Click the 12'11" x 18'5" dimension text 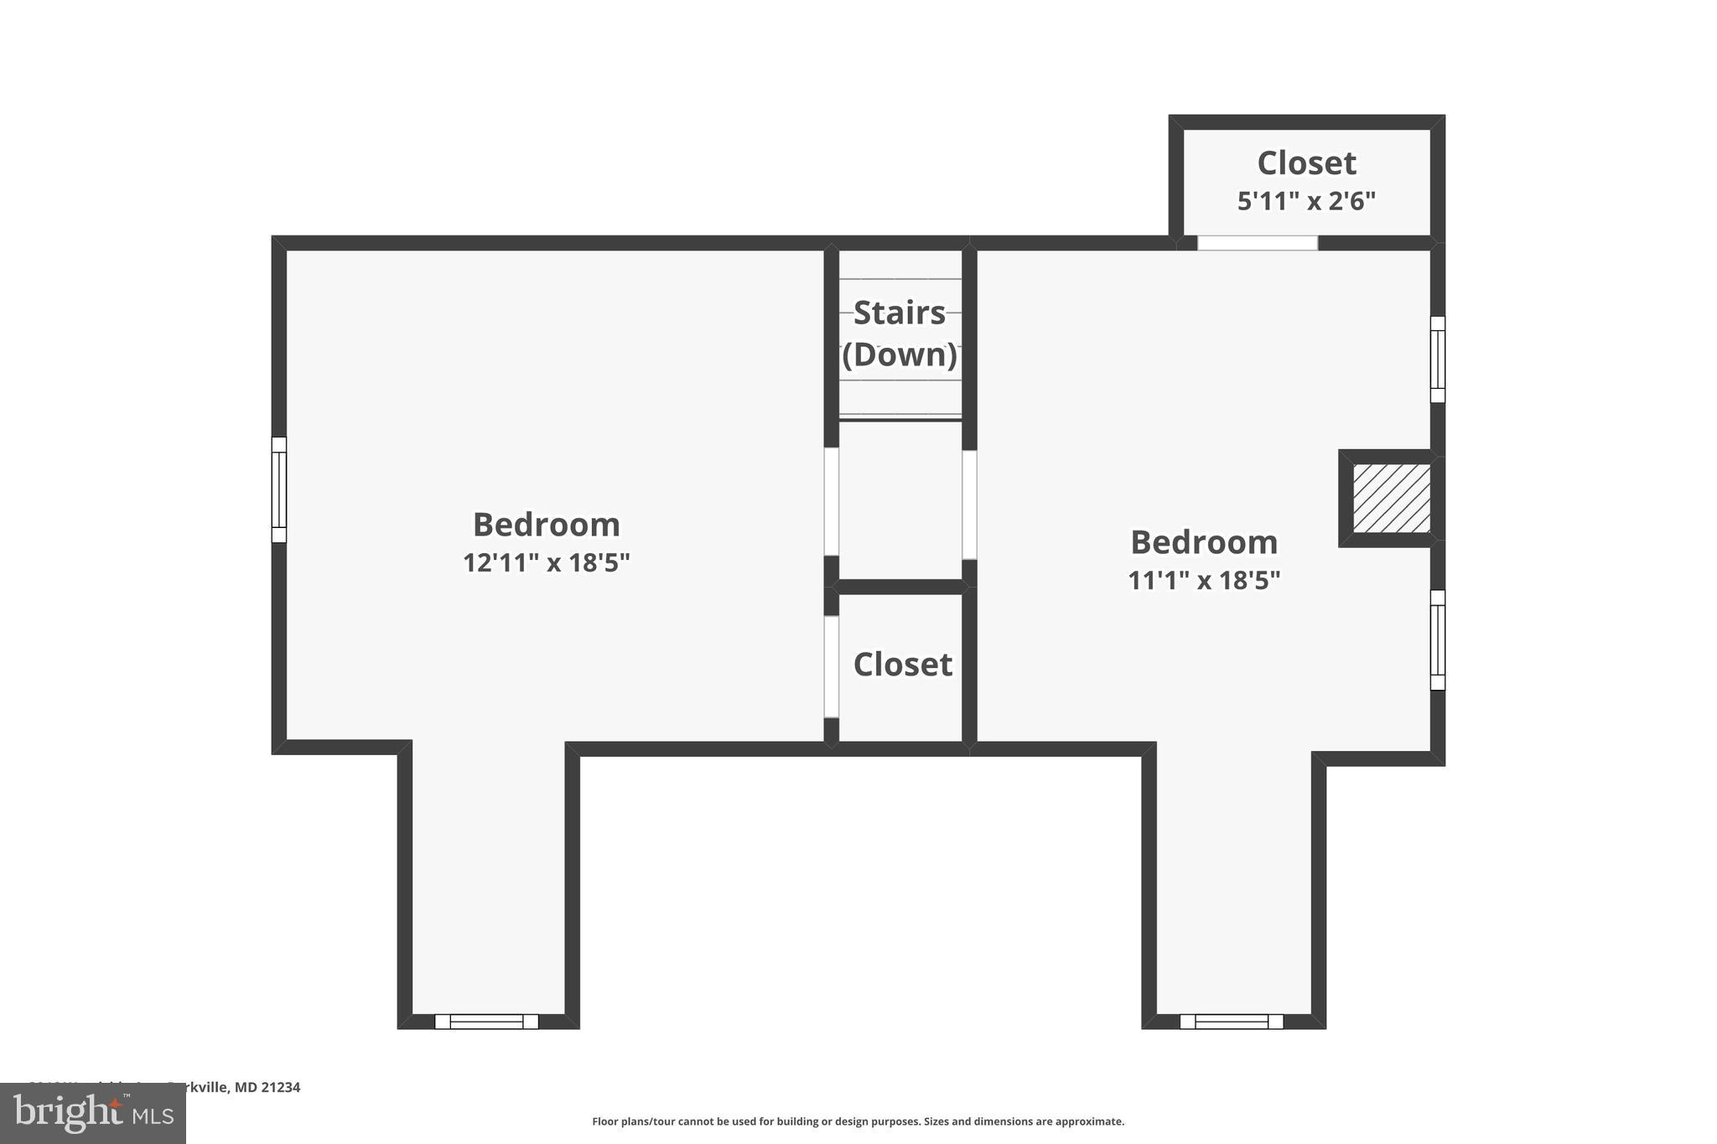(546, 562)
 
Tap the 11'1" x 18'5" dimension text (1204, 580)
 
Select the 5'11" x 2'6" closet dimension (1306, 201)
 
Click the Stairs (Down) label (900, 334)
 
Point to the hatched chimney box (1391, 499)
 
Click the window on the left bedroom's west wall (279, 489)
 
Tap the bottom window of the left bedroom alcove (486, 1021)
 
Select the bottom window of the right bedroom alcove (1231, 1021)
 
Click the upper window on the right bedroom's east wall (1437, 360)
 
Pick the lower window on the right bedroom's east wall (1437, 639)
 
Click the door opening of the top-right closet (1257, 243)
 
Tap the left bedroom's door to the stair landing (831, 501)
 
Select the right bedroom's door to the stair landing (969, 505)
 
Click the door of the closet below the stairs (831, 666)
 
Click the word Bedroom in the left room (546, 525)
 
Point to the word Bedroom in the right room (1204, 542)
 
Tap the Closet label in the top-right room (1306, 163)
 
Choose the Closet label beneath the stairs (902, 665)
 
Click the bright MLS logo (93, 1113)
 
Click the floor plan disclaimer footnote (858, 1121)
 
